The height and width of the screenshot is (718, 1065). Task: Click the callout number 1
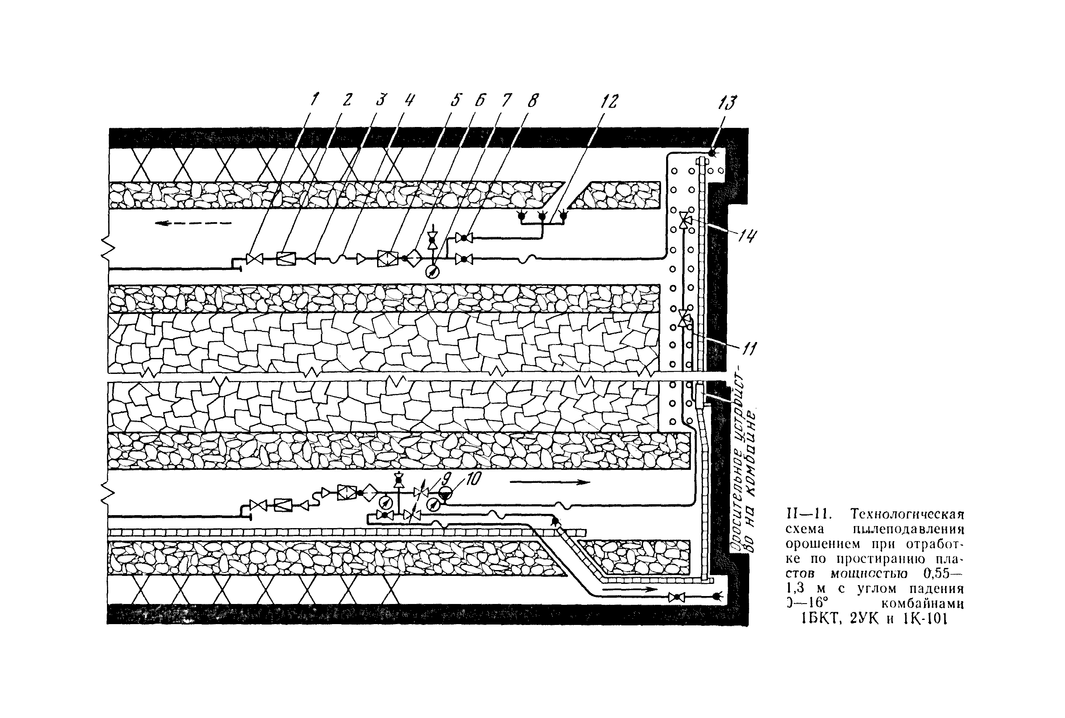[x=314, y=100]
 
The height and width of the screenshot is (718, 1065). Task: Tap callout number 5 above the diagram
[x=456, y=100]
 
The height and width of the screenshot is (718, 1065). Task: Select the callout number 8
[x=533, y=100]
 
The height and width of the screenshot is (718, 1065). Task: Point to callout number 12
[x=610, y=101]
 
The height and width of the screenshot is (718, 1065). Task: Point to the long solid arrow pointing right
[x=549, y=482]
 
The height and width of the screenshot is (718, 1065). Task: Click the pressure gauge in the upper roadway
[x=432, y=272]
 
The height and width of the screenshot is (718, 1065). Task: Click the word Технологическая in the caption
[x=907, y=514]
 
